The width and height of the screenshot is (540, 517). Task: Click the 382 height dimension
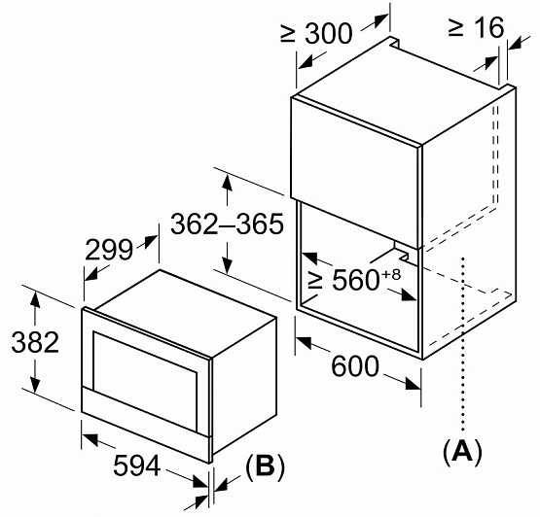[35, 342]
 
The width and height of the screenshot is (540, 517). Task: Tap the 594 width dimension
[137, 465]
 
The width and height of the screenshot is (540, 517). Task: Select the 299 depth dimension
[109, 250]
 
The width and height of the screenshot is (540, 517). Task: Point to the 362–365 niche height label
[228, 224]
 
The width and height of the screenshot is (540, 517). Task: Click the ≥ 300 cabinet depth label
[316, 33]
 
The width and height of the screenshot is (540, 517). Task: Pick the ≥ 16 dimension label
[477, 27]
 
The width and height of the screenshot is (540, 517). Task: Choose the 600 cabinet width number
[355, 366]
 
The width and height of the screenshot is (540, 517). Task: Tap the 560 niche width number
[355, 280]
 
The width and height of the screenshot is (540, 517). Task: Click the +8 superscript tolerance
[391, 274]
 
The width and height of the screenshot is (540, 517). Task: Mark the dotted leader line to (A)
[463, 344]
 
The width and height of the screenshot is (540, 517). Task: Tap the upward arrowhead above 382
[34, 299]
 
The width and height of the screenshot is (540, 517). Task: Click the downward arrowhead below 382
[34, 385]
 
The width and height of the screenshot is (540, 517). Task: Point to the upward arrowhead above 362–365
[227, 183]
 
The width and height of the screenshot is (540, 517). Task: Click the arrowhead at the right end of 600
[413, 384]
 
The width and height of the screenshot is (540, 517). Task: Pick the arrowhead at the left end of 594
[90, 439]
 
